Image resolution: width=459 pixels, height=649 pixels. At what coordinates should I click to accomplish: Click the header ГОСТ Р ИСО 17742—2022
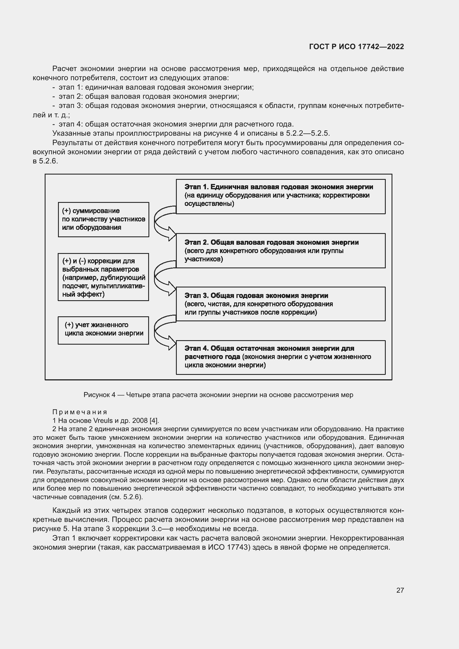356,47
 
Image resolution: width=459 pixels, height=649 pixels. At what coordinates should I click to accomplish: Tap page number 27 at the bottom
400,590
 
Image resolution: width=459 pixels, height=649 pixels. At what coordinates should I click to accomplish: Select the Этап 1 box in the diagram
280,196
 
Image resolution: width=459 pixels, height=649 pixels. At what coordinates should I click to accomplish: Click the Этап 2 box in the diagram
280,251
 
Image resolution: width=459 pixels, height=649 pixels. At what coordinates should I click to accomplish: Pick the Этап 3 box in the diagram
280,304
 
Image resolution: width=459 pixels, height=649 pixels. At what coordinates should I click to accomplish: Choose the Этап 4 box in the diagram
280,357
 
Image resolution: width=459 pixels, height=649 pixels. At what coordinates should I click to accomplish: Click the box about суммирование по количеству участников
104,219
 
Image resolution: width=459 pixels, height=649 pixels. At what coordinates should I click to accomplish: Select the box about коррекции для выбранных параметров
104,277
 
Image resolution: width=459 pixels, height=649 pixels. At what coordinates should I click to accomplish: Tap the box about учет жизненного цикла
104,330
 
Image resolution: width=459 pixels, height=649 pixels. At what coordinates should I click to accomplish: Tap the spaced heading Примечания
80,412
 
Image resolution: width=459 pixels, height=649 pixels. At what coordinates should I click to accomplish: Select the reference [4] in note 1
154,420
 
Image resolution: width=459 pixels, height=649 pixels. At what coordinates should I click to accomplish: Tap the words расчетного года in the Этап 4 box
212,357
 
